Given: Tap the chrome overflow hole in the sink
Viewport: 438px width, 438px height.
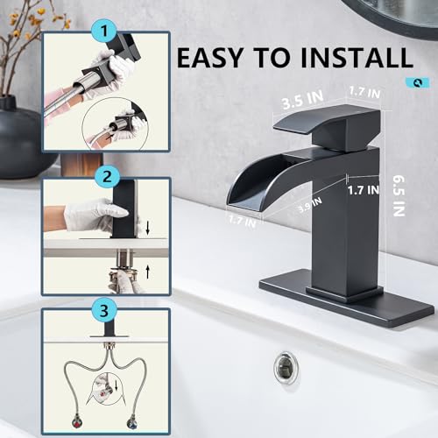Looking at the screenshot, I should coord(286,366).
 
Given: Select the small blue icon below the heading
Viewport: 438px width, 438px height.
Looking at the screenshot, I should coord(422,83).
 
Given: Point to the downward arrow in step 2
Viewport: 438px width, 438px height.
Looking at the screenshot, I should coord(148,229).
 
